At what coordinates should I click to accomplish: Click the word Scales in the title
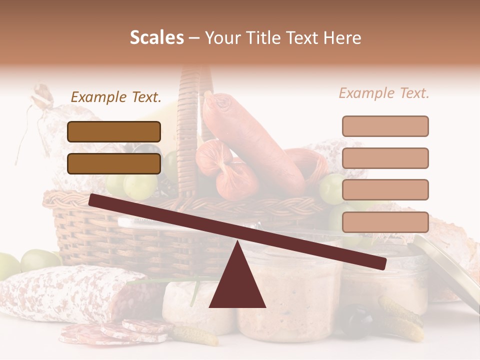(x=156, y=38)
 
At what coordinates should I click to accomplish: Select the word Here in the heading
(x=341, y=38)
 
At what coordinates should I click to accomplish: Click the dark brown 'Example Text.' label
(x=116, y=97)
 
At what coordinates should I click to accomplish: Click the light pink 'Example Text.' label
(x=384, y=93)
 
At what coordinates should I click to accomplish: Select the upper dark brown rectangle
(x=114, y=131)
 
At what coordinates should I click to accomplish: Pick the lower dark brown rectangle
(x=114, y=163)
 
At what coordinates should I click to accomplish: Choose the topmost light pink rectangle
(x=385, y=126)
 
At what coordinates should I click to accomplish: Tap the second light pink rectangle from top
(x=385, y=158)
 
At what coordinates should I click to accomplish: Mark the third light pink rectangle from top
(x=385, y=190)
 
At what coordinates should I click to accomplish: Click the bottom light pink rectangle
(x=385, y=222)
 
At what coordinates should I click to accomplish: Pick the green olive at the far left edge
(x=8, y=265)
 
